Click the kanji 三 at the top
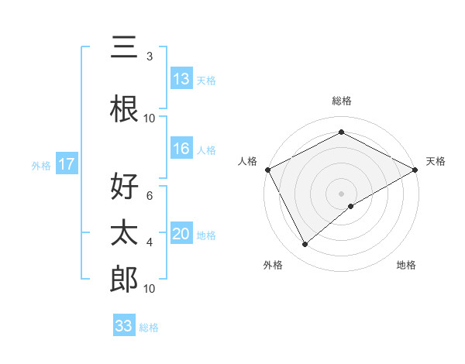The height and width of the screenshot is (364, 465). [124, 48]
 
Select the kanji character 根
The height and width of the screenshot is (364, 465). [124, 109]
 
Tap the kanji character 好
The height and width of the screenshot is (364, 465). [124, 187]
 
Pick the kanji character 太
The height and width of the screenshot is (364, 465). [124, 233]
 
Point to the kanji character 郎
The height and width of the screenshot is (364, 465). [124, 280]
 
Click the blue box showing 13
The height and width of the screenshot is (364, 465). [181, 79]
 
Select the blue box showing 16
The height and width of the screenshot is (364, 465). [181, 149]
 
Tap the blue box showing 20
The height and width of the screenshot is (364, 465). [181, 234]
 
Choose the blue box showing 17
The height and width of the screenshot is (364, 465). [66, 164]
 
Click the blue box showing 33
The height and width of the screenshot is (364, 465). [124, 326]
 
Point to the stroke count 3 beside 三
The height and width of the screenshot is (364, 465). [150, 57]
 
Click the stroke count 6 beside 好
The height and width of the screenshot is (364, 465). [150, 196]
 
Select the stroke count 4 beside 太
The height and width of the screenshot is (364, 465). [150, 242]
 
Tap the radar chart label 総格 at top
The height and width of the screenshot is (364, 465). [341, 101]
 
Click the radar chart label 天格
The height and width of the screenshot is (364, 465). [436, 161]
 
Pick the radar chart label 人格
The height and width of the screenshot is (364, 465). [248, 161]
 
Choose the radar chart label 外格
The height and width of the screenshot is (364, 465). [273, 265]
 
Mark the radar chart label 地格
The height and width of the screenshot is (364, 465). [406, 265]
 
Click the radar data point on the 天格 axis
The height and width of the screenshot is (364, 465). [415, 169]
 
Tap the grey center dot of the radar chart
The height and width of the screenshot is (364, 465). [341, 193]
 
